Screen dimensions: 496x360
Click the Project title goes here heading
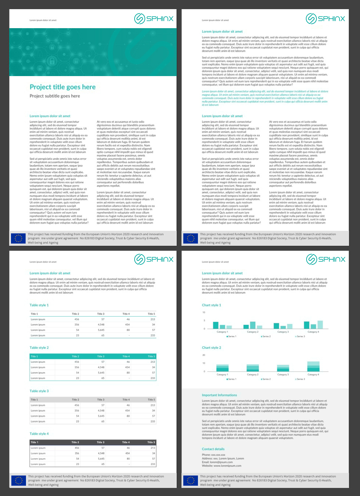pyautogui.click(x=63, y=87)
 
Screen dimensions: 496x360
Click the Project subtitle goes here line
pyautogui.click(x=55, y=96)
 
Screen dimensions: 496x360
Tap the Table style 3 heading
pyautogui.click(x=39, y=391)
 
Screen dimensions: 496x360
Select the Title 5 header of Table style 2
pyautogui.click(x=151, y=356)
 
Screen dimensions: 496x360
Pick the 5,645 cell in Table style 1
pyautogui.click(x=101, y=330)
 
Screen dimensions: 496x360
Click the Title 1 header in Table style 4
pyautogui.click(x=33, y=442)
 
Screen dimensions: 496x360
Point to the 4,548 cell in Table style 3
pyautogui.click(x=101, y=410)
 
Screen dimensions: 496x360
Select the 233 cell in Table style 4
pyautogui.click(x=153, y=464)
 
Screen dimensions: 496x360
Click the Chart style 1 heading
pyautogui.click(x=211, y=305)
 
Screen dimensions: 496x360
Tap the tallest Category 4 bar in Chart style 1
pyautogui.click(x=320, y=324)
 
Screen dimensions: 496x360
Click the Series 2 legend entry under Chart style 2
pyautogui.click(x=266, y=379)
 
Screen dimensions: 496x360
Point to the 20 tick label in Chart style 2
pyautogui.click(x=204, y=355)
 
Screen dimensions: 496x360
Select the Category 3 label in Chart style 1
pyautogui.click(x=282, y=332)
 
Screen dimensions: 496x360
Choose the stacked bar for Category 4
pyautogui.click(x=313, y=367)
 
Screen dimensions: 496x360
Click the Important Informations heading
pyautogui.click(x=220, y=395)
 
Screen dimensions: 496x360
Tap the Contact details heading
pyautogui.click(x=213, y=449)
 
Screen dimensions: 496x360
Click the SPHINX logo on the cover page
pyautogui.click(x=154, y=18)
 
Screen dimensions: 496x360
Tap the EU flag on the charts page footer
pyautogui.click(x=190, y=480)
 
